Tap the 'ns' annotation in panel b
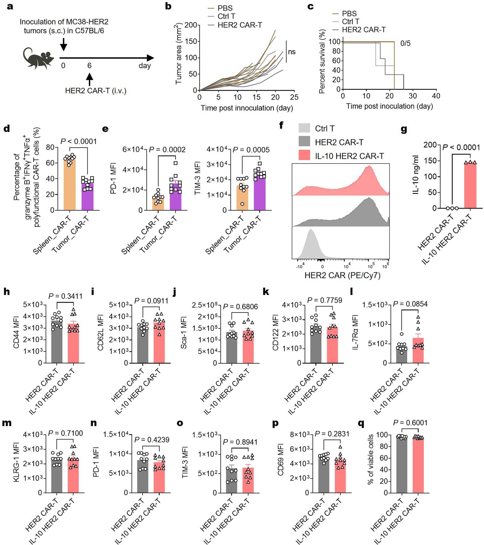pos(292,52)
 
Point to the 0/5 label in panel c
pos(405,43)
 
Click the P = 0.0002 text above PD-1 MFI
pos(167,150)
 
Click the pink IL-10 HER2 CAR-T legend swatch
pos(304,156)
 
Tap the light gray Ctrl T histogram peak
pos(311,238)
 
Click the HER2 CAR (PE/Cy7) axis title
pos(342,275)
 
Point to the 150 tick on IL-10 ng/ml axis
pos(430,161)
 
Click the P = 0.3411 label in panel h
pos(65,296)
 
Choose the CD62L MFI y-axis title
pos(100,333)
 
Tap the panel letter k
pos(266,292)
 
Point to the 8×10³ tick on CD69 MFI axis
pos(300,435)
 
